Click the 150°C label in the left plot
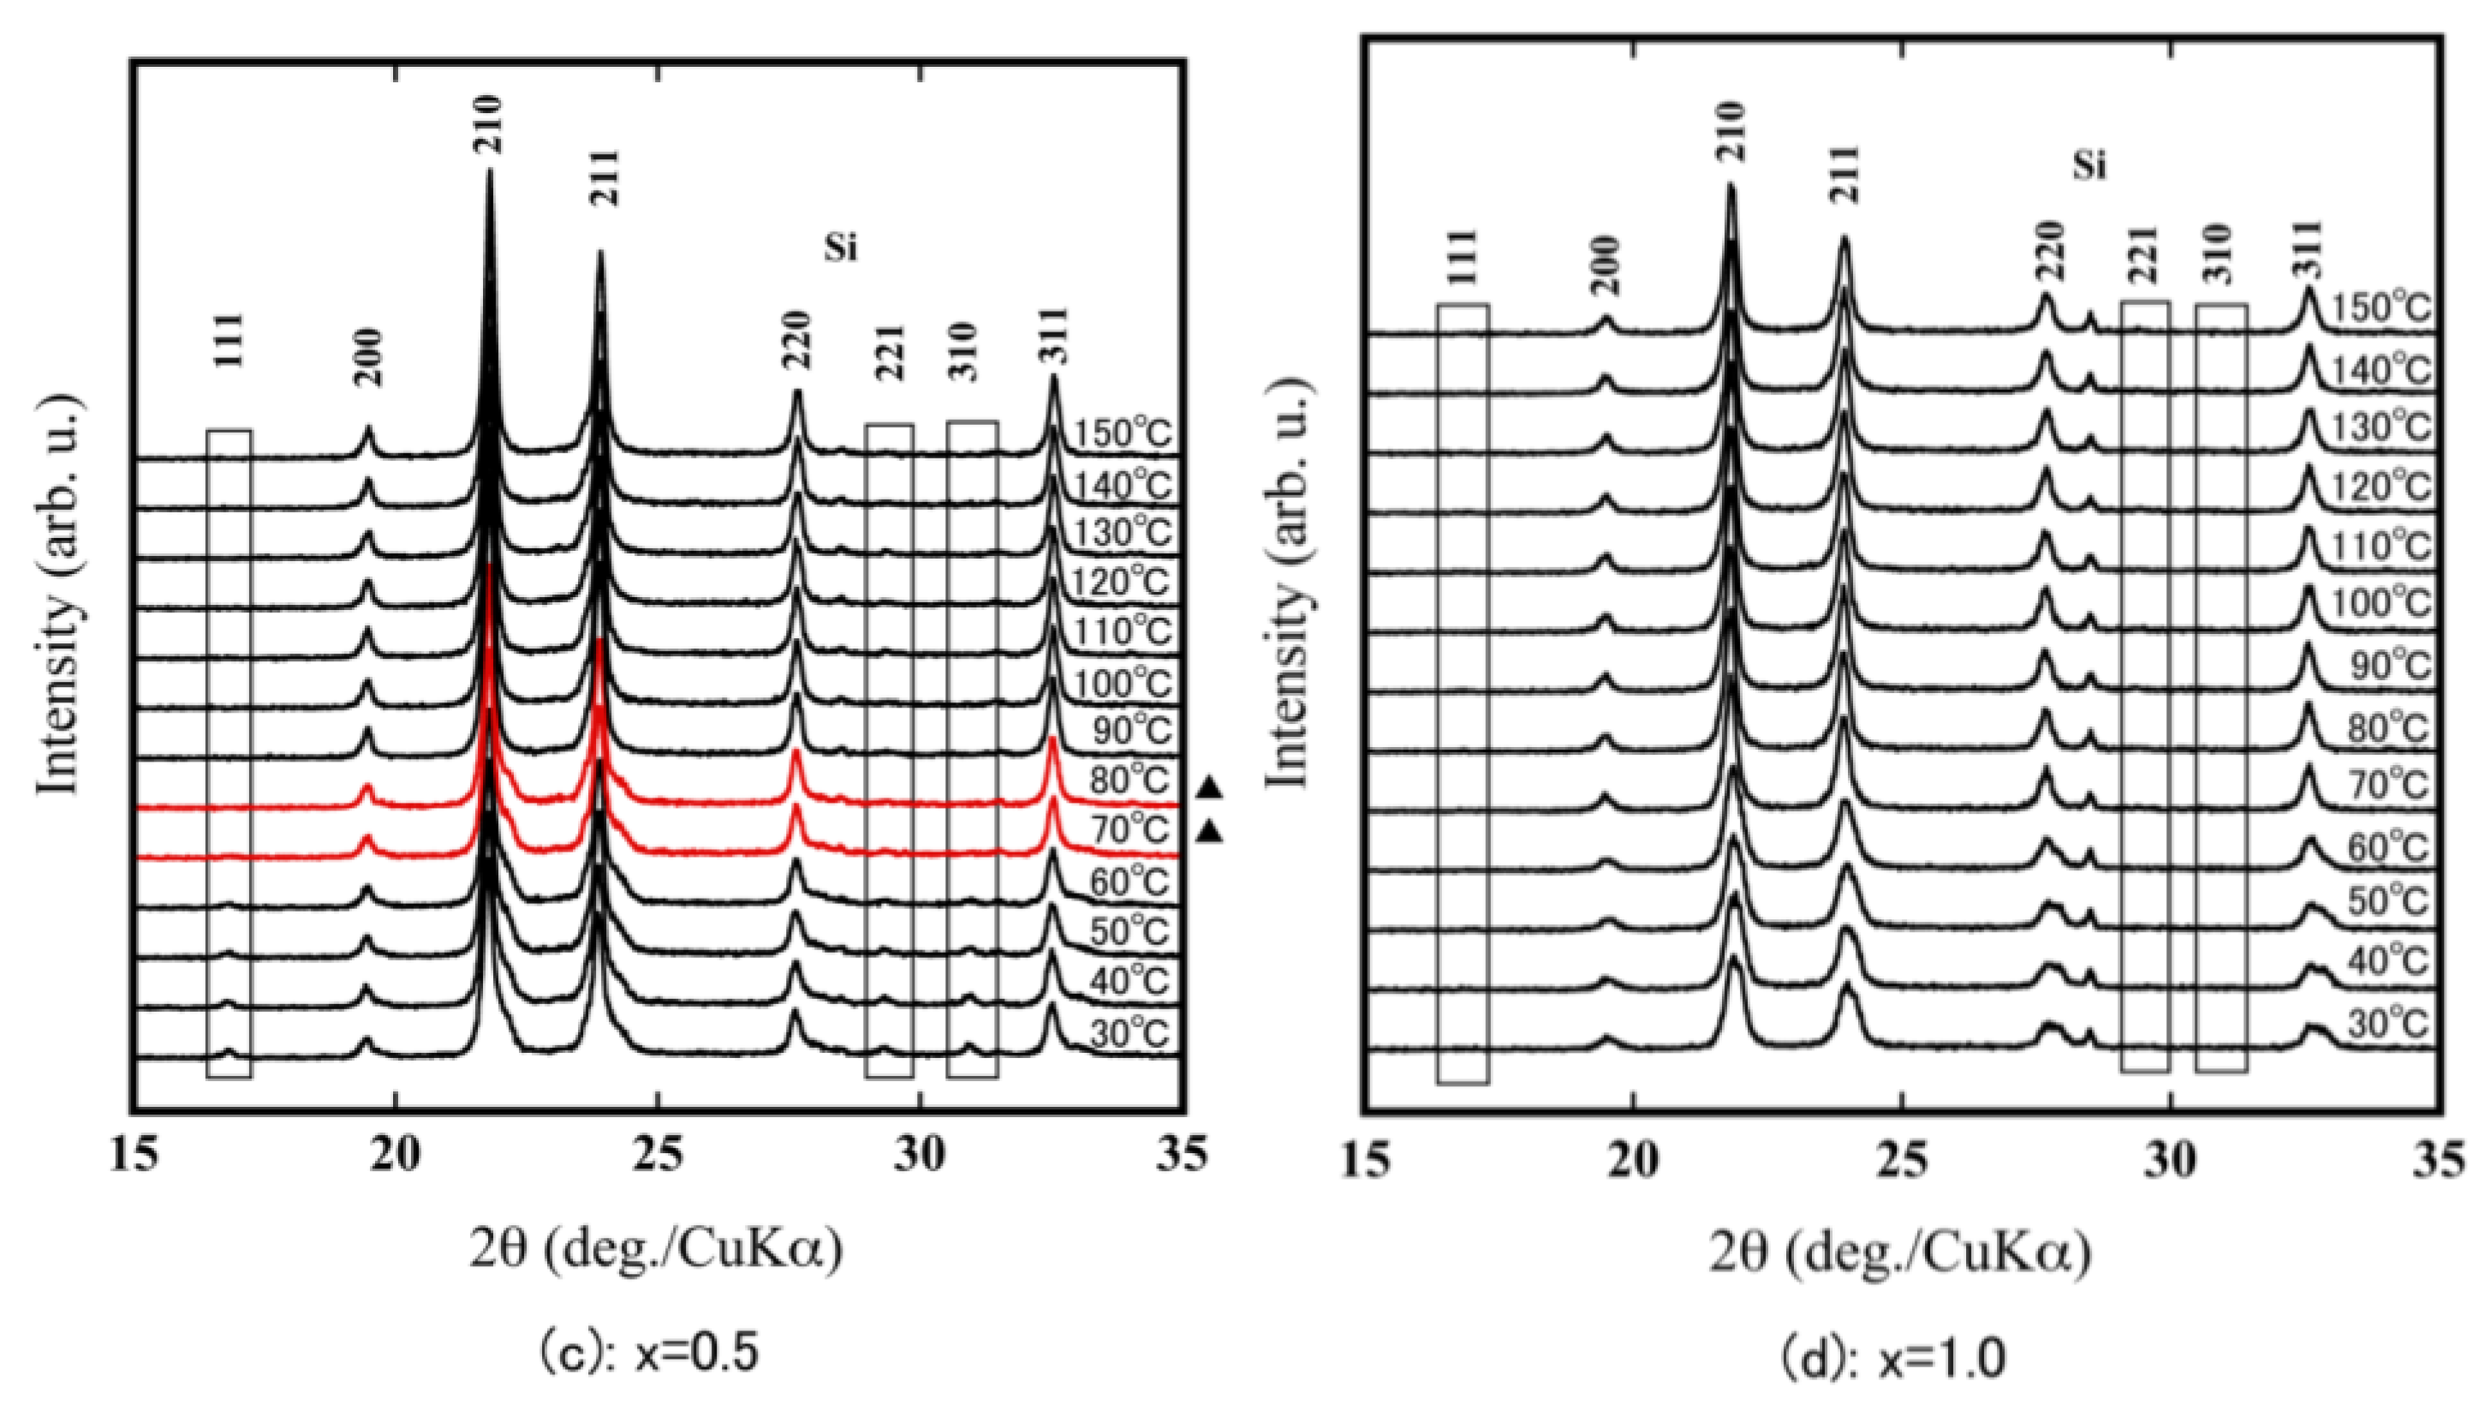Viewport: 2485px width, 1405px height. (1123, 433)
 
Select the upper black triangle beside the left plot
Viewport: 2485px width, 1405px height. (1210, 789)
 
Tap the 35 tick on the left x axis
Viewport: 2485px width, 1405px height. (1179, 1155)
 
